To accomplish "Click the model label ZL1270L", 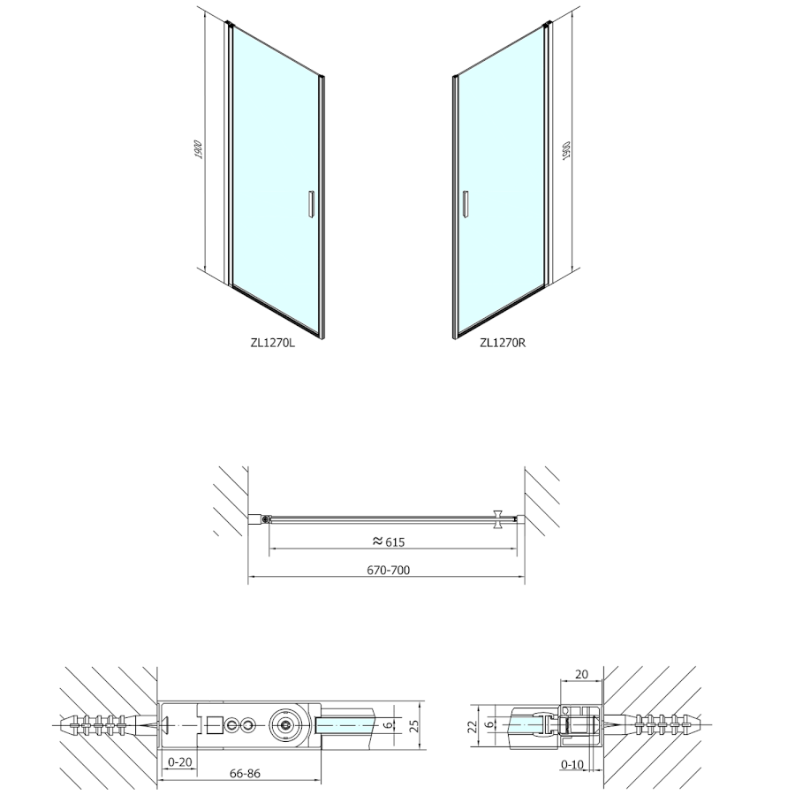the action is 272,343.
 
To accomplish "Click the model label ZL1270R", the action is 503,343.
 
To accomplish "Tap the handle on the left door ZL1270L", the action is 311,204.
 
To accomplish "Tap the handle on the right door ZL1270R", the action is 466,204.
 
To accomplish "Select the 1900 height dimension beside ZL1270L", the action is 200,149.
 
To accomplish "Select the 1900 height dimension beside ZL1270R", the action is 567,151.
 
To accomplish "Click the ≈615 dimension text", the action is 389,542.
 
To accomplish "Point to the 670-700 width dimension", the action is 389,570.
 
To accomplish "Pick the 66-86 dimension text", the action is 245,773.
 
